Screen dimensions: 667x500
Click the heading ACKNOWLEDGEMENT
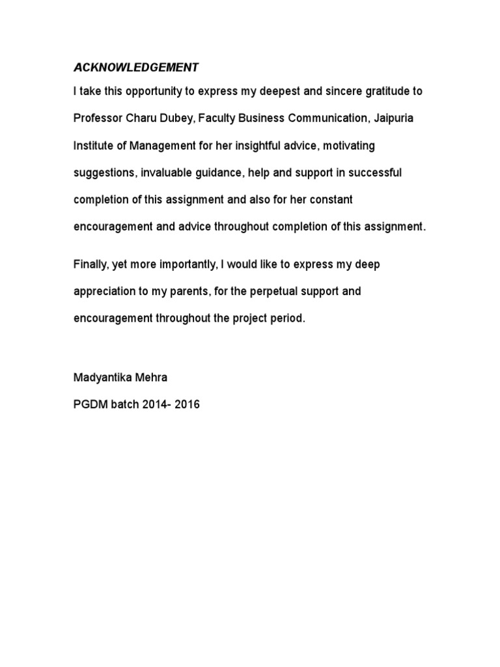tap(136, 67)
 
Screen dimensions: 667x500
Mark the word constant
tap(327, 200)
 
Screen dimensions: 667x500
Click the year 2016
tap(186, 404)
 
